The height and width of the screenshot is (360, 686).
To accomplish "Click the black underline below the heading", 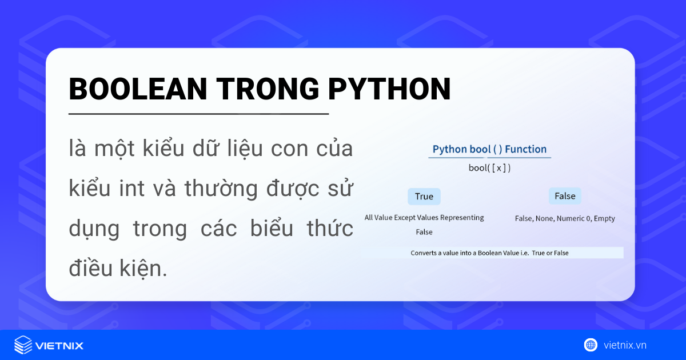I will [x=198, y=114].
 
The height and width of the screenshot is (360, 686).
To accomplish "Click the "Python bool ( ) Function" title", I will [x=489, y=149].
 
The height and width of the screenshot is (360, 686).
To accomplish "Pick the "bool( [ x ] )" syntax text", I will [x=489, y=168].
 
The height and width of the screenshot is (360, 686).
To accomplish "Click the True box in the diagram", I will [x=424, y=197].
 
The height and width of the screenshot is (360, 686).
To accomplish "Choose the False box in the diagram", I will [x=565, y=196].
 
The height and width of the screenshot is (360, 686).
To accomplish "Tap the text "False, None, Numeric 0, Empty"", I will [x=565, y=218].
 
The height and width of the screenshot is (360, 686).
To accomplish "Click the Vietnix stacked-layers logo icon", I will [x=23, y=345].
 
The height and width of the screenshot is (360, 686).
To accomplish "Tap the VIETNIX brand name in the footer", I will [x=59, y=346].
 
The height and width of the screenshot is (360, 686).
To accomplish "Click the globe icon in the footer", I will [x=591, y=345].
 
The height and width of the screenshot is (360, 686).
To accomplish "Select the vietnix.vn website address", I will [x=625, y=345].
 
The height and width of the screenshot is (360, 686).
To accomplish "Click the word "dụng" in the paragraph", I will [x=94, y=229].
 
